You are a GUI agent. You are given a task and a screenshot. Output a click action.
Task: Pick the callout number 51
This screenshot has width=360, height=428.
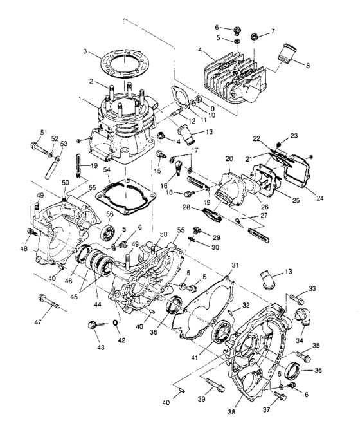click(x=44, y=133)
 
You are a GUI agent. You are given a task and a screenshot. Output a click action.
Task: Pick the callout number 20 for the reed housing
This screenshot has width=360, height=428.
click(x=228, y=158)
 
